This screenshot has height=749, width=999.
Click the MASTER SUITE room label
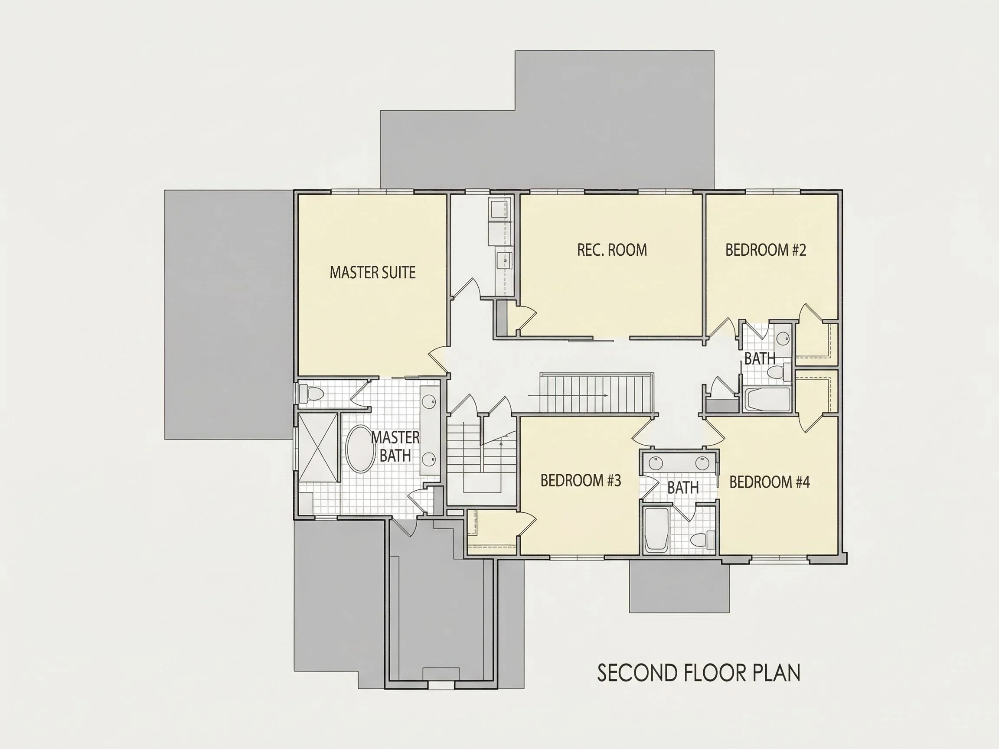click(372, 272)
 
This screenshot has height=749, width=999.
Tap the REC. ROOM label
click(612, 250)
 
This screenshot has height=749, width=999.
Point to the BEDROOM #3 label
click(581, 481)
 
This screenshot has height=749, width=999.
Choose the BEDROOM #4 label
click(770, 482)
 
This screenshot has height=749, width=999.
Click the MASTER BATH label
click(395, 446)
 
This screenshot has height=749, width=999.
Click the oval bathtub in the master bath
click(360, 449)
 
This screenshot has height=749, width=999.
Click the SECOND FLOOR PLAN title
click(699, 673)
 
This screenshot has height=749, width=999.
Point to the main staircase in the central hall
click(597, 393)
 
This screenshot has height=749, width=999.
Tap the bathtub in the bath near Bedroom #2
click(767, 399)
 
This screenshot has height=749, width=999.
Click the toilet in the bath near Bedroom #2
click(779, 372)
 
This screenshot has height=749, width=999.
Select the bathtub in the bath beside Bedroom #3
click(656, 530)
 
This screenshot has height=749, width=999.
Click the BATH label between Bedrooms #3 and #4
click(683, 488)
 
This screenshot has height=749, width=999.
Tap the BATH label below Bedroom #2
click(760, 358)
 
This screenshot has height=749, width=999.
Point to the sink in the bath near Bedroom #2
click(784, 338)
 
